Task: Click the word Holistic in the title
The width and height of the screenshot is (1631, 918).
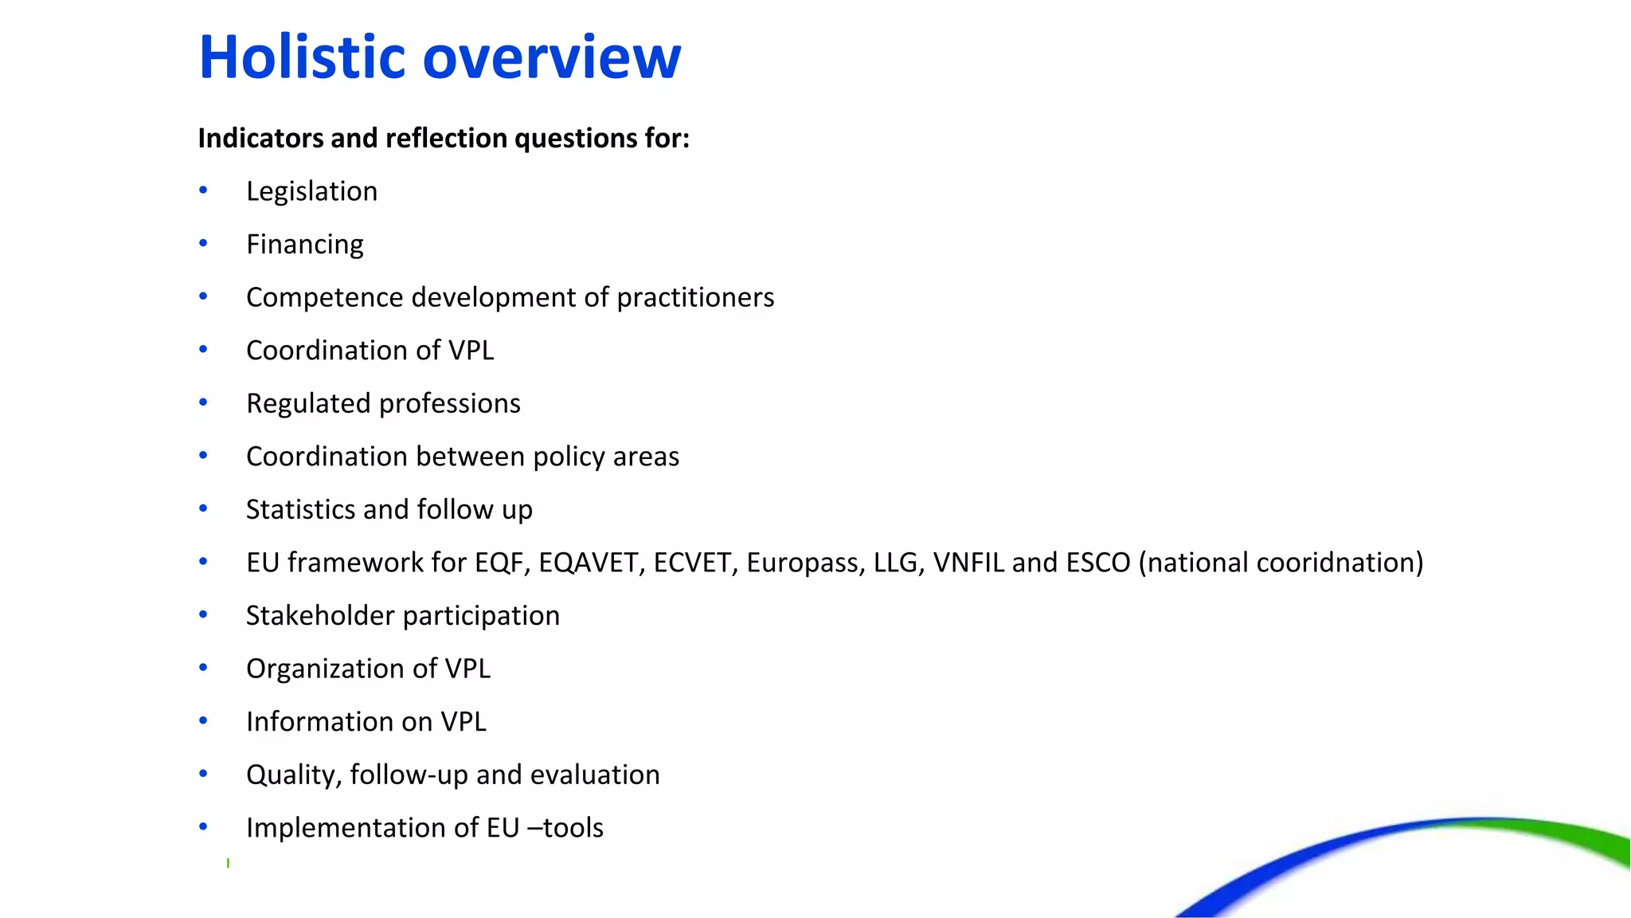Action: tap(303, 57)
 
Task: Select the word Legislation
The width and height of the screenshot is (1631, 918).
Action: tap(311, 191)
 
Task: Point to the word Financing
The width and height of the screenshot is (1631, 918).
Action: tap(304, 245)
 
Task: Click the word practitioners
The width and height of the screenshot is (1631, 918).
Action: tap(695, 297)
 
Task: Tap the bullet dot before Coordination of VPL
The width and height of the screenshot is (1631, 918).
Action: tap(203, 349)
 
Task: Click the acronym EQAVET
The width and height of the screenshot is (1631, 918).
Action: tap(590, 563)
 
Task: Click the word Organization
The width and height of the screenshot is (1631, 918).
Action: tap(326, 669)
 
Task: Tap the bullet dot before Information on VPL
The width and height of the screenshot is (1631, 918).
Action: tap(203, 720)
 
